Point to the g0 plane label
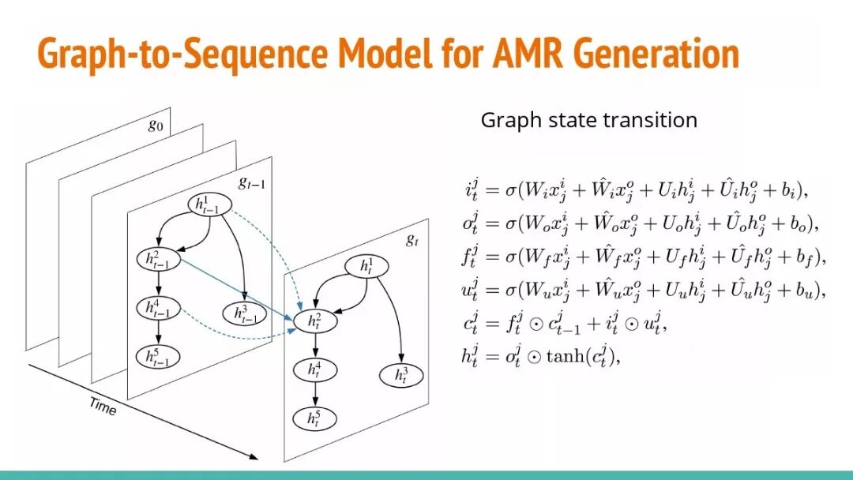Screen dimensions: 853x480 tap(156, 125)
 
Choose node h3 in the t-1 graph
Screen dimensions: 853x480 tap(246, 313)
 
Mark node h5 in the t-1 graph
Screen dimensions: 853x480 tap(158, 357)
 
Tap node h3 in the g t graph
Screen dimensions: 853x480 tap(402, 375)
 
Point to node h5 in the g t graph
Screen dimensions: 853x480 tap(315, 418)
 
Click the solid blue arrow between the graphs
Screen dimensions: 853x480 tap(237, 289)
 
